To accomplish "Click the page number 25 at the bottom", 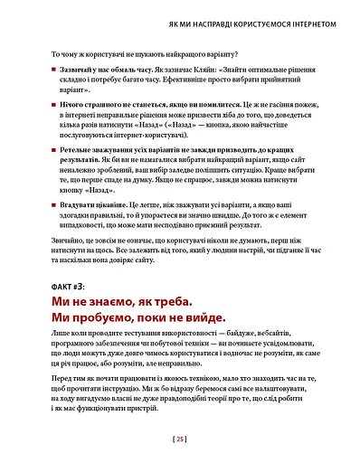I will point(180,440).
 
